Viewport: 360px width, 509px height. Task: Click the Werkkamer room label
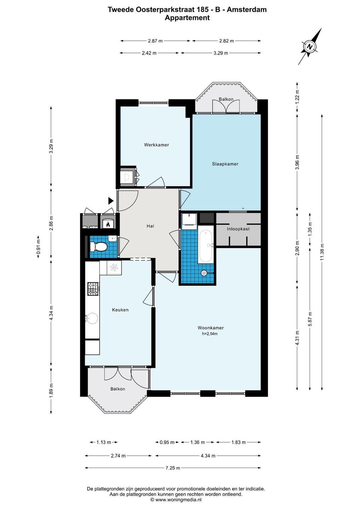coord(156,145)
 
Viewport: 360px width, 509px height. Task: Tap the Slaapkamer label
coord(225,164)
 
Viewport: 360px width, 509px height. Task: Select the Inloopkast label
coord(238,229)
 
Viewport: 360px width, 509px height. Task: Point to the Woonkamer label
coord(210,328)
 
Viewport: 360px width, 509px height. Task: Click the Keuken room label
coord(120,310)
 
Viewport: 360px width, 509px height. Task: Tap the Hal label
coord(150,226)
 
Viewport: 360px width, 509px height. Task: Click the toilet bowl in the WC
coord(98,247)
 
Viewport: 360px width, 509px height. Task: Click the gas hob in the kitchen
coord(93,289)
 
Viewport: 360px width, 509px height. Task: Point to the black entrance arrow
coord(111,201)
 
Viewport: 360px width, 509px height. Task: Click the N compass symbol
coord(309,47)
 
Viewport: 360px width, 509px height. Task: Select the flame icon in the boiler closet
coord(108,225)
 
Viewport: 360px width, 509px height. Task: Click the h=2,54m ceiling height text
coord(210,334)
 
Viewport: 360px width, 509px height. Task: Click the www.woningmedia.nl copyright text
coord(176,499)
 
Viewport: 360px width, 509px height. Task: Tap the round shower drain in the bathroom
coord(204,273)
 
